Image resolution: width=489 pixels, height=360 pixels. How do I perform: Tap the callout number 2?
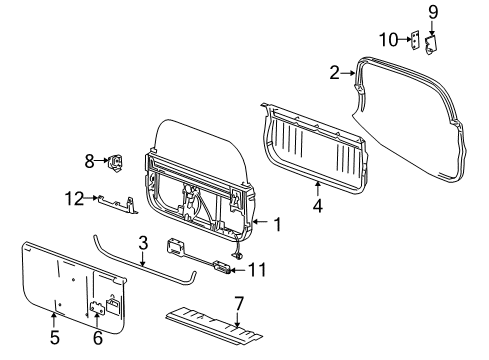click(335, 72)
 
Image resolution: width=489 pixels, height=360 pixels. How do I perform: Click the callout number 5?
click(54, 339)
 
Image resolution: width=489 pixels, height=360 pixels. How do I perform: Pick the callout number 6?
click(97, 339)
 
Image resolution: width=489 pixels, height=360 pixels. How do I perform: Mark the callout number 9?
click(433, 13)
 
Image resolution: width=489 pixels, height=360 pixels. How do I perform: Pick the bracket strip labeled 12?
click(119, 204)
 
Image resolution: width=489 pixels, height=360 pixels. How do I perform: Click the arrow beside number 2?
click(349, 72)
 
